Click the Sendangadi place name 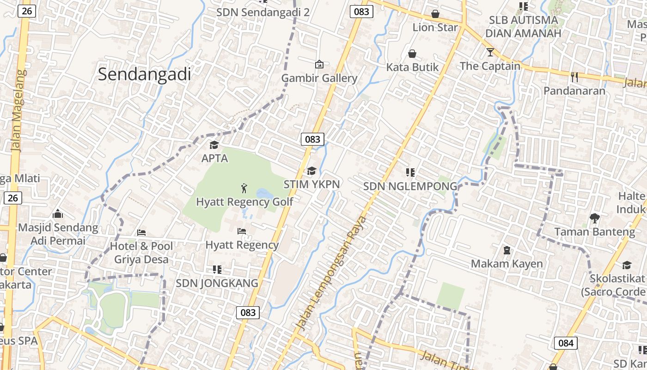coord(144,74)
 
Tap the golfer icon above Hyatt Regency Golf coord(244,188)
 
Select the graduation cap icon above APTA coord(214,145)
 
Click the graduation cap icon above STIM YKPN coord(311,171)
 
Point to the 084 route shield coord(565,343)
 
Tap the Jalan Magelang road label coord(18,111)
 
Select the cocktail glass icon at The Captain coord(490,52)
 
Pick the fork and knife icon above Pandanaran coord(574,77)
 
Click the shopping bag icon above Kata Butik coord(412,54)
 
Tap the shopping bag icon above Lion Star coord(435,14)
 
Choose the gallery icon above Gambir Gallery coord(319,64)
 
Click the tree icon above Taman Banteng coord(594,218)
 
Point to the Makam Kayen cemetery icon coord(507,250)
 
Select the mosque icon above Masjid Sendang coord(58,214)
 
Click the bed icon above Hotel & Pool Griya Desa coord(141,232)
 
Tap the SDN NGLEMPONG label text coord(409,186)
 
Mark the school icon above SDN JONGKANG coord(217,269)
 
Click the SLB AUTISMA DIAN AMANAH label coord(523,27)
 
